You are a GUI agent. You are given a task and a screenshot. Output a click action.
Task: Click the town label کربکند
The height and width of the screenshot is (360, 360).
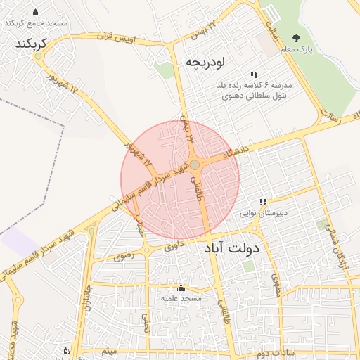[x=29, y=44]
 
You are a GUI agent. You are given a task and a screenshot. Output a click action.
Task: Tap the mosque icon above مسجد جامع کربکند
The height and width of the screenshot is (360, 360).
[x=36, y=13]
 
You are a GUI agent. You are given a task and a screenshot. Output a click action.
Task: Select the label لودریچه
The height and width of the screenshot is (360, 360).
[x=205, y=63]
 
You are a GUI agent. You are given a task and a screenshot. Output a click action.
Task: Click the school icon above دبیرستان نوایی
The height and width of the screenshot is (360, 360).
[x=263, y=202]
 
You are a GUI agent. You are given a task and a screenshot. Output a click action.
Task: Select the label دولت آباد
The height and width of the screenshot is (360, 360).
[x=233, y=248]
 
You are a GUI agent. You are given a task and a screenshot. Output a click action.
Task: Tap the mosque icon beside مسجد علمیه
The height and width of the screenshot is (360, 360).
[x=181, y=288]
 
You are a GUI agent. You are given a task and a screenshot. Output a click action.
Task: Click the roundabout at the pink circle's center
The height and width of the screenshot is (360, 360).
[x=194, y=165]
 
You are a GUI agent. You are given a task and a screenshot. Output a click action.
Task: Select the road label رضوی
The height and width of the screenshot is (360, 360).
[x=122, y=257]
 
